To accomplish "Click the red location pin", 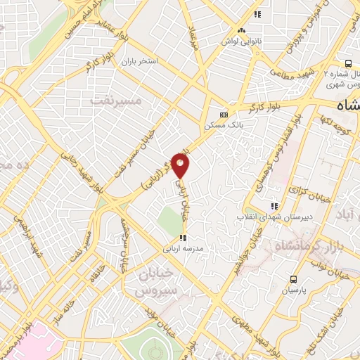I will click(x=181, y=166).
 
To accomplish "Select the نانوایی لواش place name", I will click(x=241, y=40).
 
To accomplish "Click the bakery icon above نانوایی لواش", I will click(x=241, y=30).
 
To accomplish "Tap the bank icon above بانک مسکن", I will click(x=224, y=115).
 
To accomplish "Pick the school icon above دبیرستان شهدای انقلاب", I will click(x=274, y=206).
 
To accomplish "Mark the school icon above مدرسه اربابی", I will click(x=184, y=238).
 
